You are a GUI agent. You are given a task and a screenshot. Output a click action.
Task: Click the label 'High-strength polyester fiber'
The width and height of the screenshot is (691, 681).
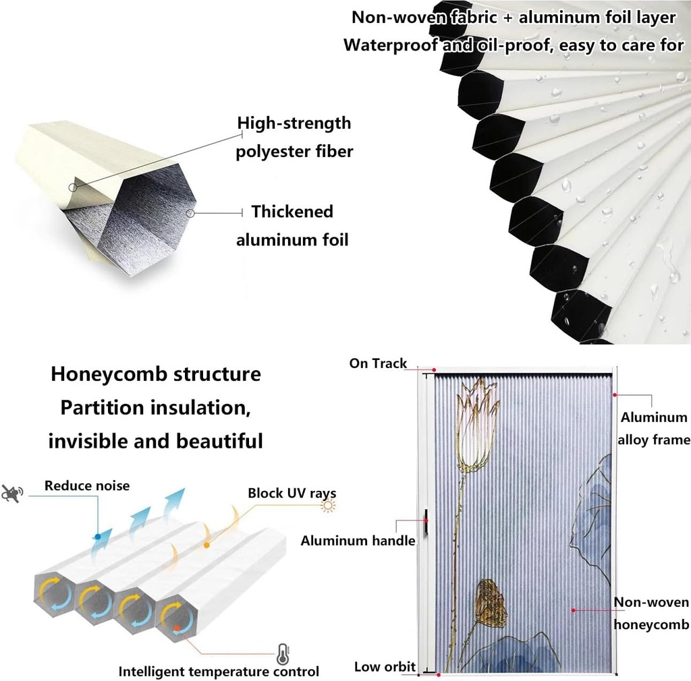(x=294, y=137)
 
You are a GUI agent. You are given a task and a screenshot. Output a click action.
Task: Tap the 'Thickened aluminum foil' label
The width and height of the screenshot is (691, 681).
(x=292, y=225)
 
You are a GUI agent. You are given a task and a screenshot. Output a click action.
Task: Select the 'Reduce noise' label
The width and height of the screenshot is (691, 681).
(x=87, y=485)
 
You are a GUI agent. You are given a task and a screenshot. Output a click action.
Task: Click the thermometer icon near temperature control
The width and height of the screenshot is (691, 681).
(x=282, y=653)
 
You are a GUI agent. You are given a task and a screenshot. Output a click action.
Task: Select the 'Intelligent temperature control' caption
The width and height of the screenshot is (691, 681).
(x=219, y=672)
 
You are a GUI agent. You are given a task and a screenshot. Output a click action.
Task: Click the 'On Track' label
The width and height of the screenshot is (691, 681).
(x=378, y=363)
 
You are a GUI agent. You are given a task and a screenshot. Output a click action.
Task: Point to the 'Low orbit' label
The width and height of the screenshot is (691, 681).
(x=385, y=667)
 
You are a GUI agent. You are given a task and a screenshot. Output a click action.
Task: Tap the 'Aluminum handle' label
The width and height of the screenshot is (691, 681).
(x=358, y=540)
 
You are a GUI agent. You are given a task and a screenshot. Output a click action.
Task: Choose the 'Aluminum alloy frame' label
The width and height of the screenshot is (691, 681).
(x=654, y=428)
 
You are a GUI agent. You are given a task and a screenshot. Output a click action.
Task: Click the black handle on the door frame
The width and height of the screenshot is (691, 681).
(x=426, y=525)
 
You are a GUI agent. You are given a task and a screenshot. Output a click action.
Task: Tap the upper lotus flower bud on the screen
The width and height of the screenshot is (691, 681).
(x=477, y=425)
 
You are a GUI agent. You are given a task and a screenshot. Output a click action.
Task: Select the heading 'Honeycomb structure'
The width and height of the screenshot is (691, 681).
(x=155, y=374)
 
